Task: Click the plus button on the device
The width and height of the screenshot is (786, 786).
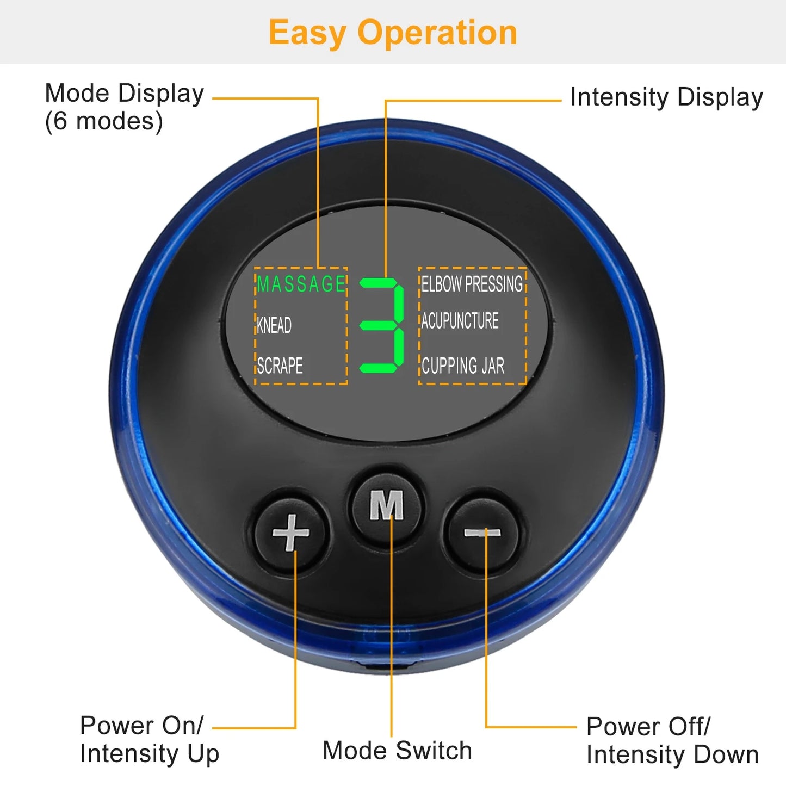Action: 291,532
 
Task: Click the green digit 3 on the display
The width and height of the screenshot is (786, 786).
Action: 382,325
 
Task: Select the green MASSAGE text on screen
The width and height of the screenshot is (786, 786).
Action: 301,284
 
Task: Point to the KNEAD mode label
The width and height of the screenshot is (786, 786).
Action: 274,325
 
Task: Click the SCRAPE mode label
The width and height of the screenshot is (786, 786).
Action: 280,366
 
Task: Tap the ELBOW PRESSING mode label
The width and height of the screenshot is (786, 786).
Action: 472,284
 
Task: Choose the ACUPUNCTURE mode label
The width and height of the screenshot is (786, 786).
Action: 460,321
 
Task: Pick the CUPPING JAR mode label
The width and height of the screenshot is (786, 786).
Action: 463,366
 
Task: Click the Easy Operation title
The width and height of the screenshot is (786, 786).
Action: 393,33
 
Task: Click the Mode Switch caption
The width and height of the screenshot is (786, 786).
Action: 397,751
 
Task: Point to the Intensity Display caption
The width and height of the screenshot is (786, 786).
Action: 666,98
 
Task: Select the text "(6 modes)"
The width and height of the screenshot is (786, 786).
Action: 104,121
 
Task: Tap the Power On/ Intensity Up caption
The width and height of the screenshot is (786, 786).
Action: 149,739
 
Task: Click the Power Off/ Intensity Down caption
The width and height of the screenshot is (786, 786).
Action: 672,740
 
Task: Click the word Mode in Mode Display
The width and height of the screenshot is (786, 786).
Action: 77,93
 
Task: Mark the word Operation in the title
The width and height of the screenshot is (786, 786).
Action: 437,33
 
